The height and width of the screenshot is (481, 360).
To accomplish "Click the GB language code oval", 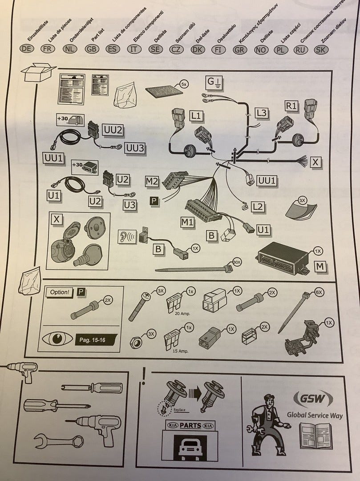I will coord(92,49).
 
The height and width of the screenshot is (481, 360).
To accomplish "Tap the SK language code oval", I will coord(320,49).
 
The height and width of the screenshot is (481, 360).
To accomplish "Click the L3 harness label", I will coord(261,113).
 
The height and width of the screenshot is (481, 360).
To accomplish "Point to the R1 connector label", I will coord(291,106).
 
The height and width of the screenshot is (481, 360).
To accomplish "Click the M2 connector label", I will coord(152,181).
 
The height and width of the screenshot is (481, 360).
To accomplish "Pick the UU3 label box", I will coord(135,148).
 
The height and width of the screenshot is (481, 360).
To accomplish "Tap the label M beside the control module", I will coord(320,267).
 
